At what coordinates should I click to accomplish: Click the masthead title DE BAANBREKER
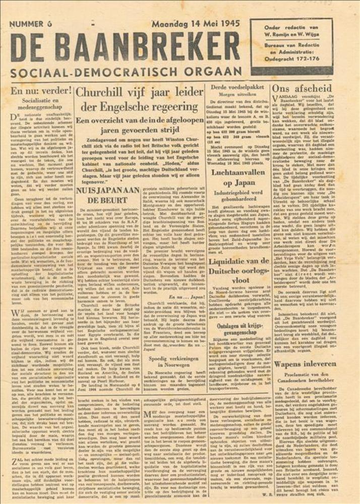(x=125, y=48)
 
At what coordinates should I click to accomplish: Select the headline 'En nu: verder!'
(x=41, y=91)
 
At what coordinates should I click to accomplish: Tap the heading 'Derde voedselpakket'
(x=237, y=88)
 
